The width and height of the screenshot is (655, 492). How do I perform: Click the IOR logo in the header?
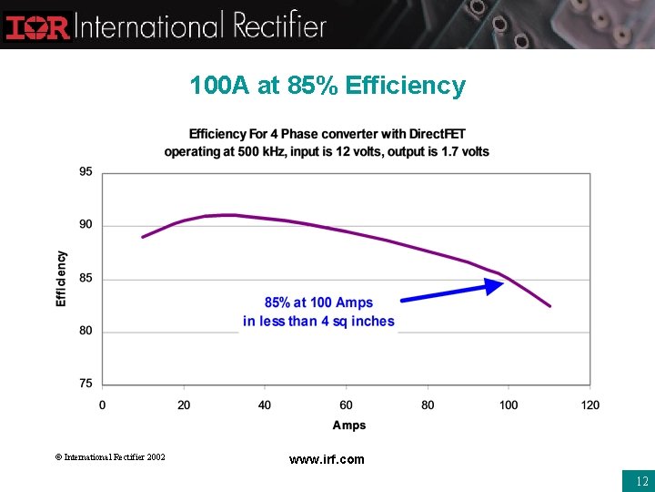point(37,25)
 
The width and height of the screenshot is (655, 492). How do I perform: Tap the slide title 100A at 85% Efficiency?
point(327,86)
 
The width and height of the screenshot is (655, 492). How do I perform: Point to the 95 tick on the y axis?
point(86,172)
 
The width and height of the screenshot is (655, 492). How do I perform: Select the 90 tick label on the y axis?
point(86,225)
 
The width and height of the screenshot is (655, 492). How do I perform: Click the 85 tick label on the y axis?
point(86,278)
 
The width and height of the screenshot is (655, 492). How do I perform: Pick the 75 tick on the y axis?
point(86,384)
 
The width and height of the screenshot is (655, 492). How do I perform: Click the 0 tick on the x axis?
point(102,405)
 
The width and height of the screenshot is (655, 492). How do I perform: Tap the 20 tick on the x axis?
point(184,405)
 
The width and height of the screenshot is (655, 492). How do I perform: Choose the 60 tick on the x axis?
point(347,405)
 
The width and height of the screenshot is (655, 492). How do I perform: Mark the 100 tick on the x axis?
point(509,405)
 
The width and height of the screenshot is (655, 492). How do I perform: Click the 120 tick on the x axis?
point(590,405)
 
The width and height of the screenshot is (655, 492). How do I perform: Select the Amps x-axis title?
point(349,425)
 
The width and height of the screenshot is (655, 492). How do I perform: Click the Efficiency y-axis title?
point(62,279)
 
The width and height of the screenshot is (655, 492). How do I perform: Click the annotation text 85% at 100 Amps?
point(318,302)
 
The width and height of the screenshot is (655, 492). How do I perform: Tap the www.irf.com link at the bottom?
point(327,459)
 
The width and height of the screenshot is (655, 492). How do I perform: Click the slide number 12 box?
point(638,479)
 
